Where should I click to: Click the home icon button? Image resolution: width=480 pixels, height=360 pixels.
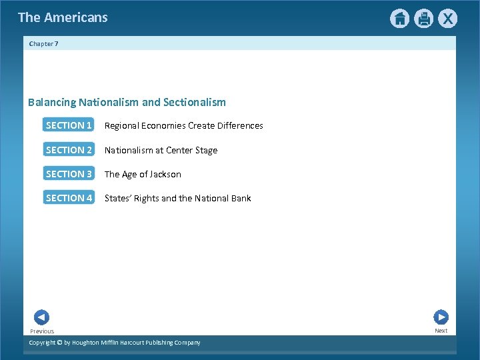[399, 19]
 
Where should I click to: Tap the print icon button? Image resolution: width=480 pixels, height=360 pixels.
[423, 19]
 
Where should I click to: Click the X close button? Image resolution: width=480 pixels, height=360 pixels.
[447, 19]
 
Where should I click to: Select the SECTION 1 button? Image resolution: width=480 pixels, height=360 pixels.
[69, 125]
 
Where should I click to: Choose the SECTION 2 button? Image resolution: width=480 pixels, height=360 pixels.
[69, 150]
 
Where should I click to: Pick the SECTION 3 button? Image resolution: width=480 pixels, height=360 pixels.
[69, 174]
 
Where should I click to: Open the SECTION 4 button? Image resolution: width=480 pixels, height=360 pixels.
[69, 198]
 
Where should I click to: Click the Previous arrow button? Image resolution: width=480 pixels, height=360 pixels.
[41, 318]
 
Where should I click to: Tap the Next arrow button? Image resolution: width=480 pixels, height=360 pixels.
[441, 317]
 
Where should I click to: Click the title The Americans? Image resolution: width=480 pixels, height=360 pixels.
[63, 17]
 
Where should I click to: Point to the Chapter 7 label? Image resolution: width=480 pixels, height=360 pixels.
[44, 43]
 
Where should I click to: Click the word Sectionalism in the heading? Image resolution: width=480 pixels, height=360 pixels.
[195, 103]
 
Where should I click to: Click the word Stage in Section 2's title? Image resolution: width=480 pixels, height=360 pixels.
[205, 151]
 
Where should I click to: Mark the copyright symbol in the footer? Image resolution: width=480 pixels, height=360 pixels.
[59, 343]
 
